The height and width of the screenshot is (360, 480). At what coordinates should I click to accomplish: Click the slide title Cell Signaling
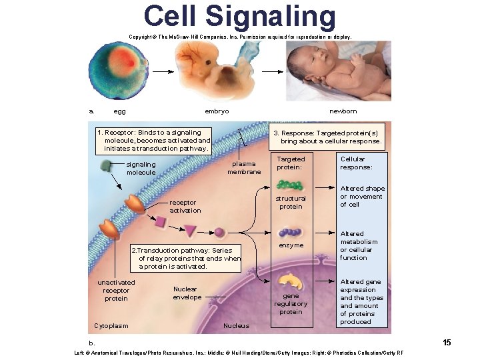[239, 17]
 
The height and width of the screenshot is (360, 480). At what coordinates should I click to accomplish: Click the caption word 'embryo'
[217, 111]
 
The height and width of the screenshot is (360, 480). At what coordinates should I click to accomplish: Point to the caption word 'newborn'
[343, 111]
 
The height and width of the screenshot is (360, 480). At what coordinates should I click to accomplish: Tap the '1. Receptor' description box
[154, 141]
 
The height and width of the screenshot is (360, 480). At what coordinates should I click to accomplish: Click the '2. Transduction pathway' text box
[185, 258]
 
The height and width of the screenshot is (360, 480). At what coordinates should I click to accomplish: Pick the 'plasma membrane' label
[244, 168]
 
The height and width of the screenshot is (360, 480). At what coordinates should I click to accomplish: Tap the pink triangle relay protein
[190, 231]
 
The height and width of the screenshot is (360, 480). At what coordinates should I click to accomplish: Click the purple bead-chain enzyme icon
[290, 233]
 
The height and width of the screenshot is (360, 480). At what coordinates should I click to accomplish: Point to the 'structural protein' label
[291, 202]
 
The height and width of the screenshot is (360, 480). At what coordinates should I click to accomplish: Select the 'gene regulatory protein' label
[291, 303]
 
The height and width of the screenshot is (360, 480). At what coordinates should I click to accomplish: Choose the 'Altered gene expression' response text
[362, 302]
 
